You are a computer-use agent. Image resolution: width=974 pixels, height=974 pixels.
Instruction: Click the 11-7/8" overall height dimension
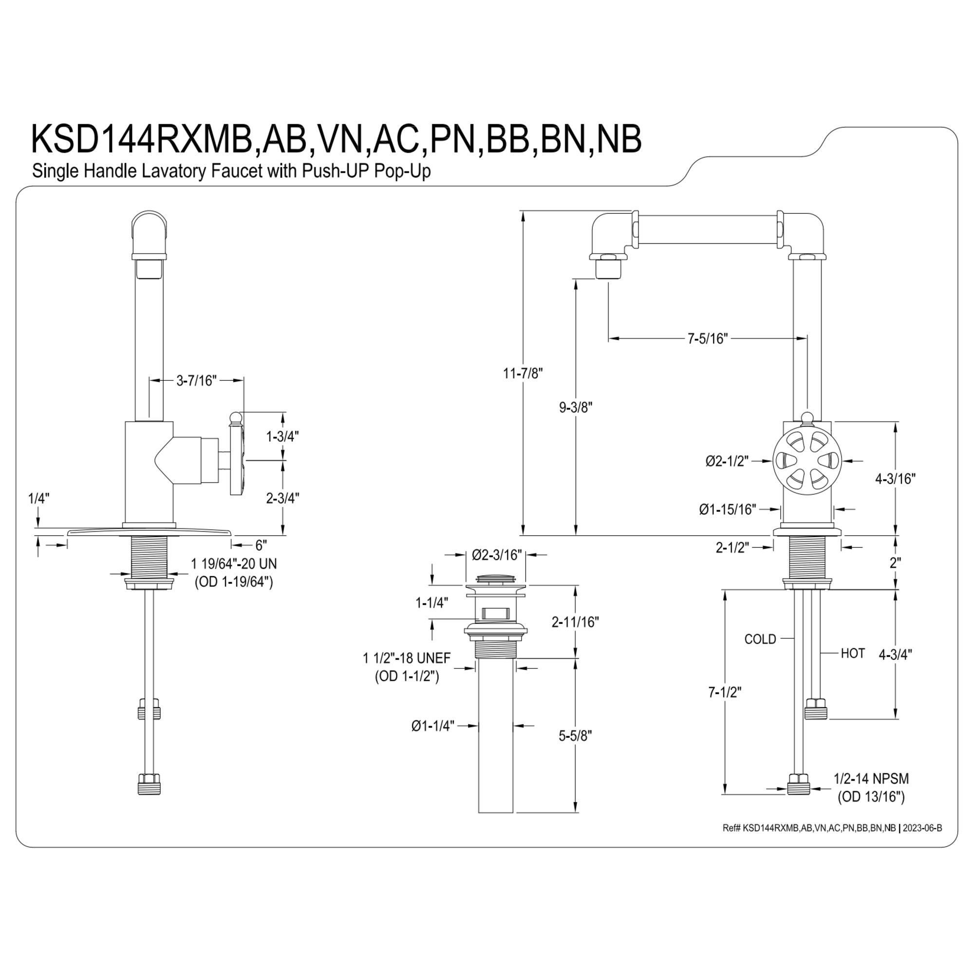coord(523,374)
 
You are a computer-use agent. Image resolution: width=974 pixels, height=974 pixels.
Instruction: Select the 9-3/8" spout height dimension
coord(576,407)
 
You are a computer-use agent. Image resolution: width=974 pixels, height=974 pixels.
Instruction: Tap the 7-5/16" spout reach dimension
coord(708,338)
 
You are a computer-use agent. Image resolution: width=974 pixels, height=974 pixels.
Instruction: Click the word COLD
coord(760,639)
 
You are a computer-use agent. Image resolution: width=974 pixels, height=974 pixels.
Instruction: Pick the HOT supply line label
coord(853,654)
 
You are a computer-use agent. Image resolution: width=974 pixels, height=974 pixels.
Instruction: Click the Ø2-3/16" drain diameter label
coord(497,555)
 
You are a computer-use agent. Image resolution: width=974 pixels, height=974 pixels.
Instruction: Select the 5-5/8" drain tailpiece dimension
coord(575,735)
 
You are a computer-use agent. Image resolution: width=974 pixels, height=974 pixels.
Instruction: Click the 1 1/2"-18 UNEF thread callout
coord(407,658)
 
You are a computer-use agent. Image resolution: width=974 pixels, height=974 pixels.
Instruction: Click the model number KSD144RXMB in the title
coord(142,139)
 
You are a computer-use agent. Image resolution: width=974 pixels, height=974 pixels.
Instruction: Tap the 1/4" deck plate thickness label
coord(38,499)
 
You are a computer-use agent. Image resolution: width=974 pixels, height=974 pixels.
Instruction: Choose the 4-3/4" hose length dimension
coord(896,655)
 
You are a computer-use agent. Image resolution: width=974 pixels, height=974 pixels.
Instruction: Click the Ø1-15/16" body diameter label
coord(728,510)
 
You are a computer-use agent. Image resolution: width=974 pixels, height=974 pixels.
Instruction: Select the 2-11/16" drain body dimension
coord(575,622)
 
